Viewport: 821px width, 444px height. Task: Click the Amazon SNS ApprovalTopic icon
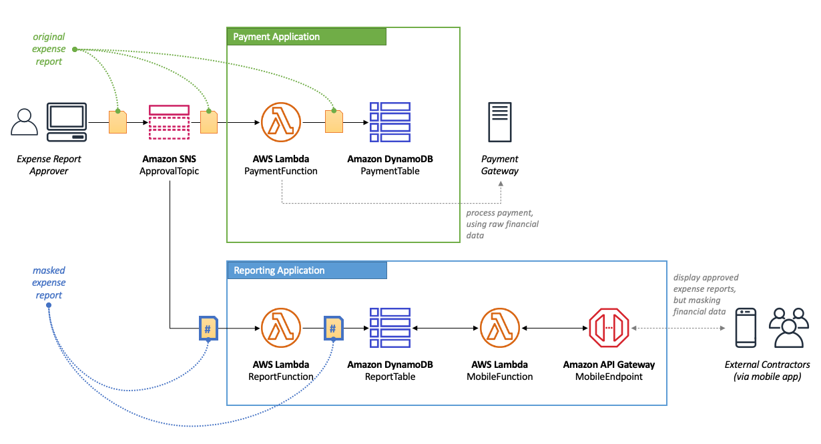(170, 123)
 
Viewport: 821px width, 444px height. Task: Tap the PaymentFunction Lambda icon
(281, 123)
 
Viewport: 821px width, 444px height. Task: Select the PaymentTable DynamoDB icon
(390, 123)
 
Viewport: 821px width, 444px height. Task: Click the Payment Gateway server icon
(500, 122)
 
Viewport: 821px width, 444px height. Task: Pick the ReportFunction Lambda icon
(281, 328)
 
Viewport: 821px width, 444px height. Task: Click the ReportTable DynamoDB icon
(390, 328)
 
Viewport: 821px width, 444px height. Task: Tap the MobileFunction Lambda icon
(499, 328)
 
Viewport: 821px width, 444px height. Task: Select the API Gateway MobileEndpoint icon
(609, 328)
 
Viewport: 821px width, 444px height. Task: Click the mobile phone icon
(746, 328)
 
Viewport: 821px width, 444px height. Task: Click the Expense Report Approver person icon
(25, 123)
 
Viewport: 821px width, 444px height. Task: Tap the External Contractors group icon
(788, 328)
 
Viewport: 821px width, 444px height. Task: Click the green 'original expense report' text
(49, 49)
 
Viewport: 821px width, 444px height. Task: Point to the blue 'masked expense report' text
(49, 283)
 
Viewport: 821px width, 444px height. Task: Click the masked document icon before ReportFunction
(208, 328)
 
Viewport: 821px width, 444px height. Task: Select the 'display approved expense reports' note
(706, 294)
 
